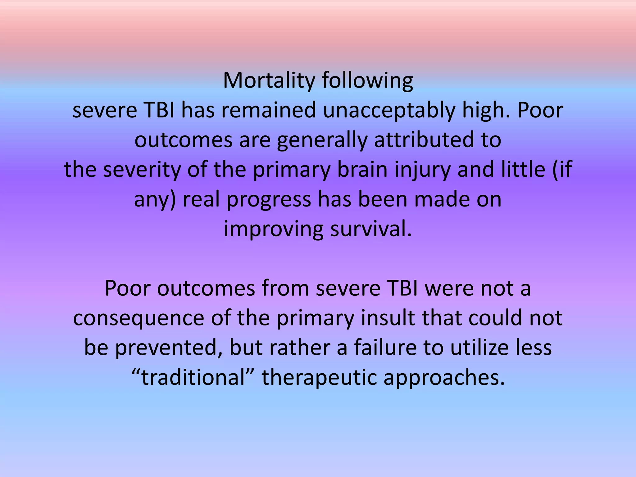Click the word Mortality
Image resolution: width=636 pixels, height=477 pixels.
pyautogui.click(x=269, y=80)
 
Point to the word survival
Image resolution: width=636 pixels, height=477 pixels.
pyautogui.click(x=371, y=229)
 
